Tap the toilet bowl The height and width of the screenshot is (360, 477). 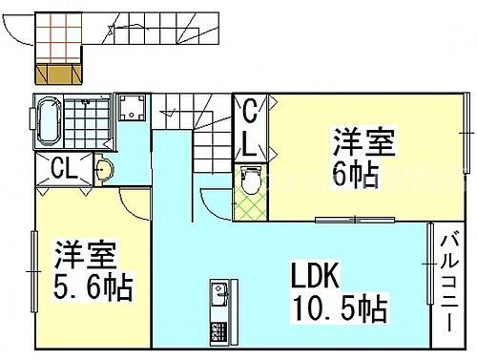point(250,179)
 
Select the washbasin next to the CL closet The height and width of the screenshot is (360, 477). point(104,170)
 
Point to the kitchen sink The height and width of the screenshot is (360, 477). point(218,292)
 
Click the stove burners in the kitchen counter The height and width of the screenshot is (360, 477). point(218,331)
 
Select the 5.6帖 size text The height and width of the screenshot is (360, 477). point(93,286)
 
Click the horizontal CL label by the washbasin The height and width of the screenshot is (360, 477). point(65,170)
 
